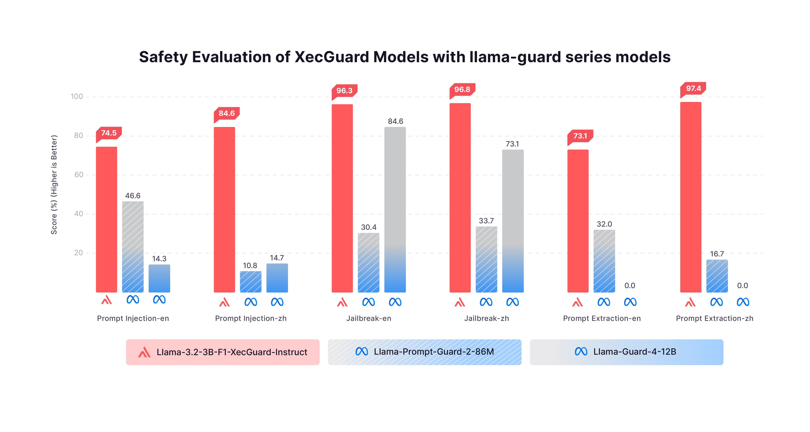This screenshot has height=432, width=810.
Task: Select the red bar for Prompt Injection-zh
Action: (224, 209)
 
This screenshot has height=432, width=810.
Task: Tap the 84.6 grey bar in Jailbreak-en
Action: (395, 209)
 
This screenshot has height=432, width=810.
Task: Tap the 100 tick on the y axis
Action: (77, 97)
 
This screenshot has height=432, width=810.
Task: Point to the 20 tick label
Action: (78, 253)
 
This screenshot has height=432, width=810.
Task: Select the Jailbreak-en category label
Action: (369, 318)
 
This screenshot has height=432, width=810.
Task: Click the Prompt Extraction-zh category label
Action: (714, 318)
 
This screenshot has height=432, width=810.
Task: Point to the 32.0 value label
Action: (604, 224)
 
